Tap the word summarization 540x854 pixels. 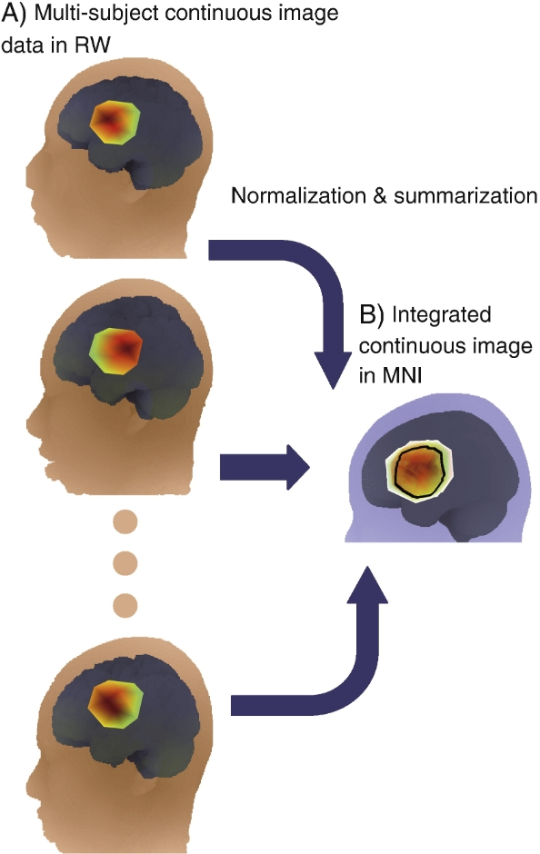click(465, 195)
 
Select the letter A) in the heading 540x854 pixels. click(14, 14)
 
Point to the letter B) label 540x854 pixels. click(372, 315)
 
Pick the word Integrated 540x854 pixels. click(442, 316)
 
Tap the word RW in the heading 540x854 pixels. click(92, 45)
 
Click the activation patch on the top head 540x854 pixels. click(115, 122)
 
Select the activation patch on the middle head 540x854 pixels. click(116, 350)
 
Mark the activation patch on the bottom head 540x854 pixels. click(115, 704)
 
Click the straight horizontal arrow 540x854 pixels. click(265, 467)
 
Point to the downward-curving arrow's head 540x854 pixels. click(334, 370)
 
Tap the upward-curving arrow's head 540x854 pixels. click(368, 585)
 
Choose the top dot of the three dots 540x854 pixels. click(125, 521)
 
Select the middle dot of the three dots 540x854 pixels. click(125, 563)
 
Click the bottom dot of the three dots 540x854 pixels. click(125, 604)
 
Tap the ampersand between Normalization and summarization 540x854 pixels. click(380, 195)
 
